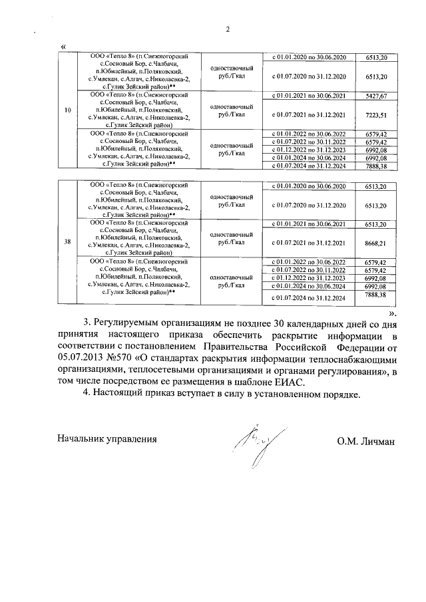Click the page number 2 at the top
pos(228,29)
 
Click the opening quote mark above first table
pos(63,45)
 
